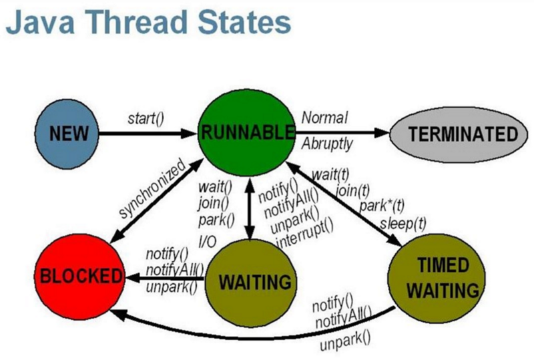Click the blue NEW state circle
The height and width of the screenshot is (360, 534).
[67, 134]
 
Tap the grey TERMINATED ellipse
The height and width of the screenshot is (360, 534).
[459, 134]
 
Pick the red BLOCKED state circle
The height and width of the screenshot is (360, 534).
[79, 277]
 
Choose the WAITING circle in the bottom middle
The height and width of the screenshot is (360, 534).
[251, 283]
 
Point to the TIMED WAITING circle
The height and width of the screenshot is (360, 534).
[437, 279]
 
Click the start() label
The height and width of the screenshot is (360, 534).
[146, 119]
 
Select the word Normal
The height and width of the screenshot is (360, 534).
[324, 118]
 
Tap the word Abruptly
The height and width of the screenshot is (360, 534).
[327, 144]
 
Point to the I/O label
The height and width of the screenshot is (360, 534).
[207, 242]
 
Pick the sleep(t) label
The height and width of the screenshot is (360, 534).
[403, 224]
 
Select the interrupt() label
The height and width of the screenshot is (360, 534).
[305, 234]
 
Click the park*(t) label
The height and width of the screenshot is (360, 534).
[382, 206]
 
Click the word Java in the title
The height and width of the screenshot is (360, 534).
[40, 23]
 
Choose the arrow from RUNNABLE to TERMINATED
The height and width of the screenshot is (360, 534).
[342, 133]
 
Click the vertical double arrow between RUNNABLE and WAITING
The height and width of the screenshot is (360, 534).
[250, 208]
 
